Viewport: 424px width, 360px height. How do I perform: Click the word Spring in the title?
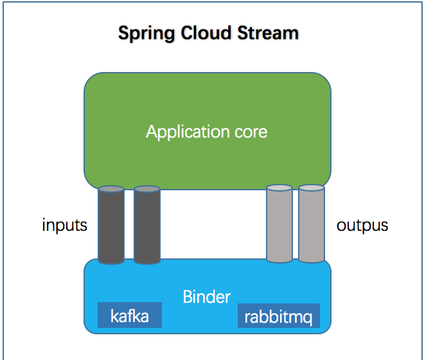coord(146,33)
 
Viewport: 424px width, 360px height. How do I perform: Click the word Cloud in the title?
coord(206,33)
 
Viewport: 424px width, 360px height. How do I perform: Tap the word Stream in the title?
coord(268,33)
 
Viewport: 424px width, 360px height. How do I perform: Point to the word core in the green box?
coord(251,132)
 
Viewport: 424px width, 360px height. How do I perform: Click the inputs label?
coord(65,225)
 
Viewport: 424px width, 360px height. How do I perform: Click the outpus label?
coord(362,226)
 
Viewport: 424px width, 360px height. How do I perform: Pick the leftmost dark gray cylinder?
coord(111,225)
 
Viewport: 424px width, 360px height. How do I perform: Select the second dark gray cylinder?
coord(147,225)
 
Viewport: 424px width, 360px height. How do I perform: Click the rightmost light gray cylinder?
coord(312,224)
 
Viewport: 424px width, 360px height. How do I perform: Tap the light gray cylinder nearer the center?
coord(279,224)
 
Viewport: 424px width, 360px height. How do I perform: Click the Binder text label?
coord(207,296)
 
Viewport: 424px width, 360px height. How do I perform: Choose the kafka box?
coord(130,315)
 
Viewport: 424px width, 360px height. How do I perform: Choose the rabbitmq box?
coord(279,316)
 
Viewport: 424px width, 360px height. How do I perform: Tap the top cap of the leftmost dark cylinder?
coord(111,189)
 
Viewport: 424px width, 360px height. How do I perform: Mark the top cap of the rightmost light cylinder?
coord(312,188)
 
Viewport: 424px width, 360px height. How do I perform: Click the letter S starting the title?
coord(123,33)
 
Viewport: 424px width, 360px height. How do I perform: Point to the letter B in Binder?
coord(188,296)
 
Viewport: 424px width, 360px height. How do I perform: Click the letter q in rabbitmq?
coord(307,319)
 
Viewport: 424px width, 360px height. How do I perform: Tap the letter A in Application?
coord(152,132)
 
